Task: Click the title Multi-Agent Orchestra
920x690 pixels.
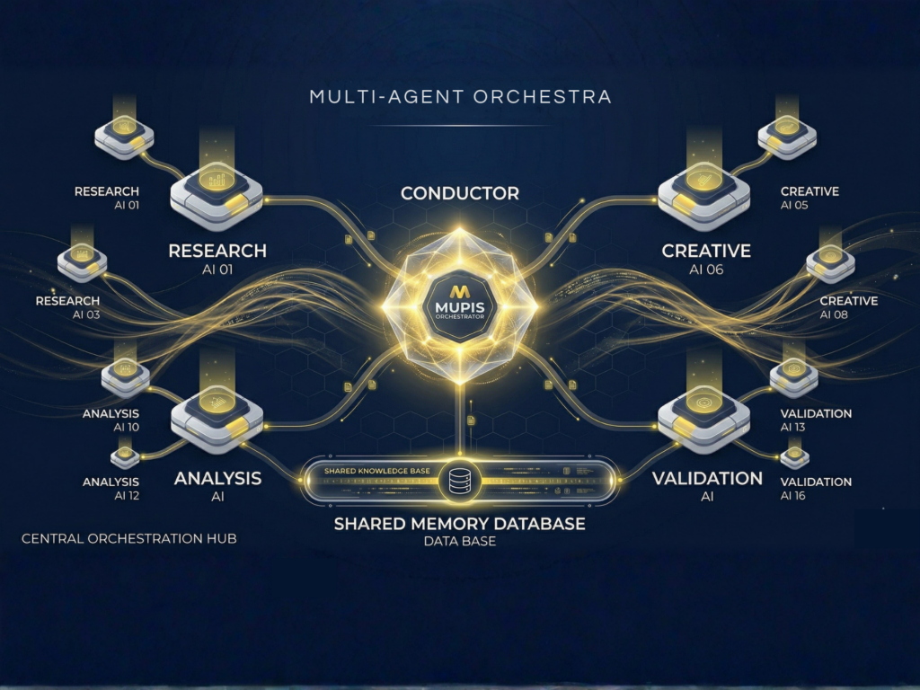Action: point(459,96)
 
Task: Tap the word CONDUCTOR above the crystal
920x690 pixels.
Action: point(459,193)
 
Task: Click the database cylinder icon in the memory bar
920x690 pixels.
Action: point(459,482)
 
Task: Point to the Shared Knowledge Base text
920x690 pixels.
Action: point(378,471)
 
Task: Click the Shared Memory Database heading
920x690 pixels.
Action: point(459,524)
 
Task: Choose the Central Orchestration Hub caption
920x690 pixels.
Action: point(128,539)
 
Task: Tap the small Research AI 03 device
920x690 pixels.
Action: point(82,261)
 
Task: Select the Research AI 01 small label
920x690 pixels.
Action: point(107,199)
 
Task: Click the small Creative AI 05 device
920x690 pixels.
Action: point(787,137)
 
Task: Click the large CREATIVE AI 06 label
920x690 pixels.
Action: point(705,258)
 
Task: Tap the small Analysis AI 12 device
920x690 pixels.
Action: point(125,457)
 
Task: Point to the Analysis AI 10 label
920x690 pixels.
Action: point(111,420)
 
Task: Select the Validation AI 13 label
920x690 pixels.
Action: point(816,420)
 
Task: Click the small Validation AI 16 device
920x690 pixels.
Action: point(794,457)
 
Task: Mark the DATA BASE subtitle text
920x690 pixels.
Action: point(459,542)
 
